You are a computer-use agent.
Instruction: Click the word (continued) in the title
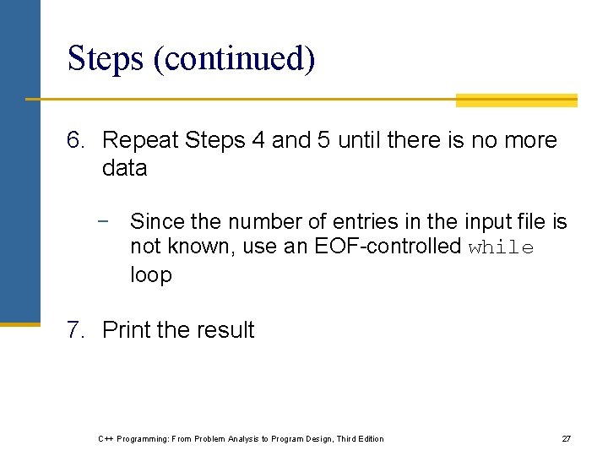[x=235, y=59]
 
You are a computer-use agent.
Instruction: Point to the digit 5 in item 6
[x=323, y=140]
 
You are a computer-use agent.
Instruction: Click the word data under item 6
[x=124, y=168]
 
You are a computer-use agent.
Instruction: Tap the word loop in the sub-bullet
[x=150, y=275]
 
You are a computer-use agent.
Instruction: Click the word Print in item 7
[x=123, y=330]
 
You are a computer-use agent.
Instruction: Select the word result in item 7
[x=225, y=330]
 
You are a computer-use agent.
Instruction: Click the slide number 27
[x=567, y=439]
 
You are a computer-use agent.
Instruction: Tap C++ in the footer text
[x=106, y=439]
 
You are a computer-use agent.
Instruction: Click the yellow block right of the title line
[x=516, y=100]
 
